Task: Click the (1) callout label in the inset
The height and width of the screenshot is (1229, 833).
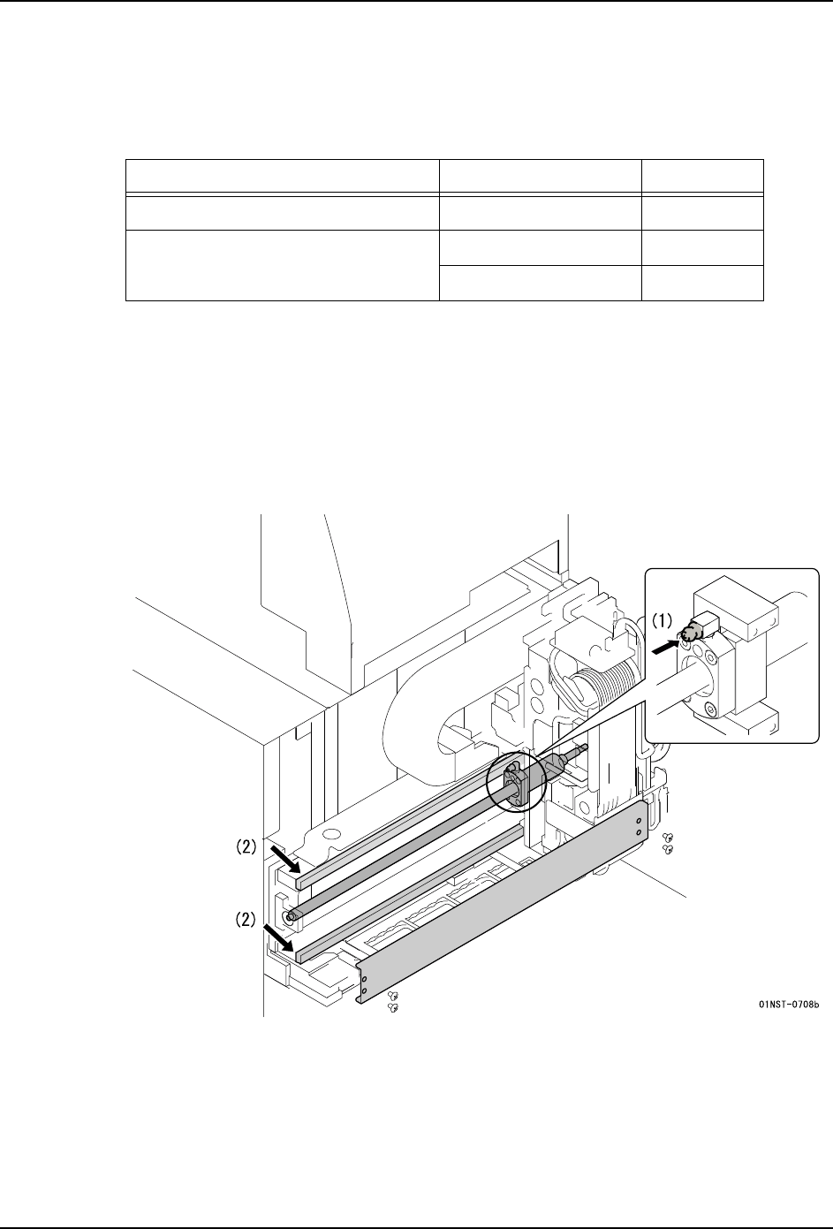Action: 662,620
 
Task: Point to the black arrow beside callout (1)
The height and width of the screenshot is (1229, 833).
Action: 663,648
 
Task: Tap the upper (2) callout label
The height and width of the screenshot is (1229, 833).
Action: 246,847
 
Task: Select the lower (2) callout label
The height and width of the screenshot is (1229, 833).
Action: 246,920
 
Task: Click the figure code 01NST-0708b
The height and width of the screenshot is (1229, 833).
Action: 789,1005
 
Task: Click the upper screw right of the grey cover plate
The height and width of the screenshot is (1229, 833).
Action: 668,837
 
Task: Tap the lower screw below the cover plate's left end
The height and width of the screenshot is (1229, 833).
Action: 393,1008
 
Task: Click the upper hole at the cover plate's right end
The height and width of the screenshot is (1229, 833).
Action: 639,822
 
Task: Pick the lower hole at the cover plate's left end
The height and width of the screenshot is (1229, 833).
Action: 363,990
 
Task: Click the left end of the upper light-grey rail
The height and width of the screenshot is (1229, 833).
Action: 299,884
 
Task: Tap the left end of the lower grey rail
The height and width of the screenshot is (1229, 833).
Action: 299,958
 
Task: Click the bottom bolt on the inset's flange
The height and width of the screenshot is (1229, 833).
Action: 711,711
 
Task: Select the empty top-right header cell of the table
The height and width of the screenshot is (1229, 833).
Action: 702,176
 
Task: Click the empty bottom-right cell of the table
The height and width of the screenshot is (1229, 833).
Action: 702,283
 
